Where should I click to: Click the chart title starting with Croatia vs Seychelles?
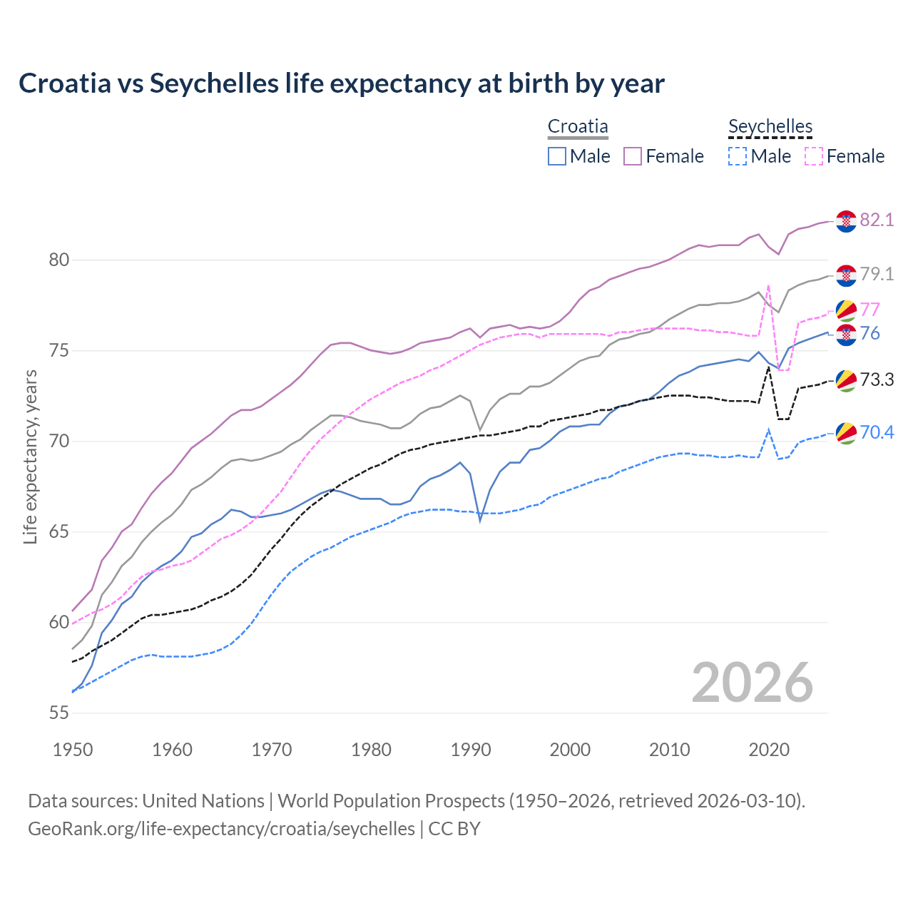341,83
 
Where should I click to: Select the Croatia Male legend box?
557,156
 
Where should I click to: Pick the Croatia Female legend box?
633,156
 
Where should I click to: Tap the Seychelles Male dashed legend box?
738,156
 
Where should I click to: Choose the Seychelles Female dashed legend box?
813,156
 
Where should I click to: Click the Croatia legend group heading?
578,127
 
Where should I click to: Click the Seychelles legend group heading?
770,127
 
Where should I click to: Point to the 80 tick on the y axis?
59,260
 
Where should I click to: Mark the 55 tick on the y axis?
59,713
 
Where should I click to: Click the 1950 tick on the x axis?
73,750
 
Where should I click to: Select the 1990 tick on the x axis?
471,750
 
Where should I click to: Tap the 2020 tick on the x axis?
769,750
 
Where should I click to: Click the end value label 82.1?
877,220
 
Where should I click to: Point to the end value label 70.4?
877,433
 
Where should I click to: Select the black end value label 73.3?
877,380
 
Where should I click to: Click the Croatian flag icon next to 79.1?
846,275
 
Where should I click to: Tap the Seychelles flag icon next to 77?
846,310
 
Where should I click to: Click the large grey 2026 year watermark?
753,683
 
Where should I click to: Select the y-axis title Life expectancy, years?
31,456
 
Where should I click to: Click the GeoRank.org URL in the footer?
221,829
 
